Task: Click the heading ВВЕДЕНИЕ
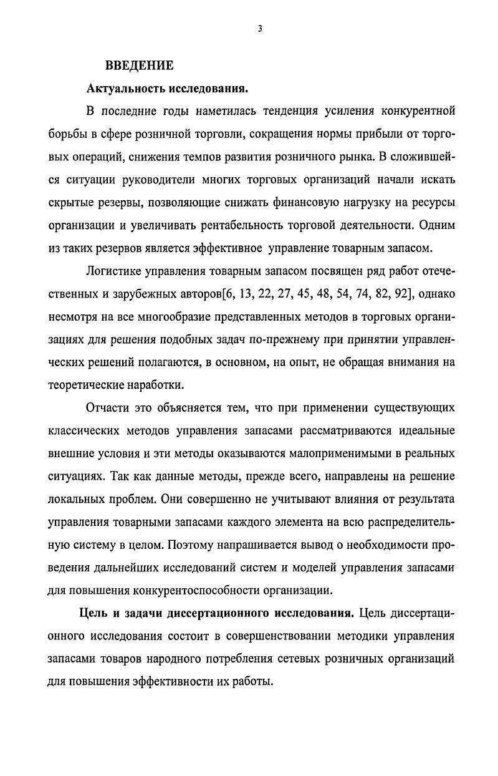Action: (x=139, y=65)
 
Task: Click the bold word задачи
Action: (x=142, y=613)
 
